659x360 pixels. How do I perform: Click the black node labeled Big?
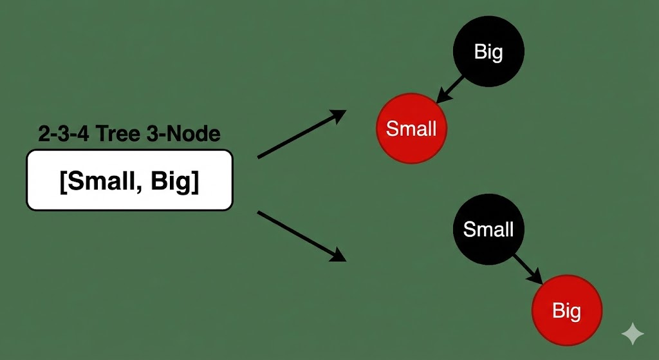coord(488,52)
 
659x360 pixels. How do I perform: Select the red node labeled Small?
coord(411,129)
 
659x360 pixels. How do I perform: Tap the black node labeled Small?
coord(488,229)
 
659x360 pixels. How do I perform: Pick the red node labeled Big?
coord(566,311)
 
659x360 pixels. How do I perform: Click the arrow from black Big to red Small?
coord(452,89)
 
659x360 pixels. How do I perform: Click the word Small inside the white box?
coord(104,182)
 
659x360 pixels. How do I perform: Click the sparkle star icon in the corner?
coord(632,334)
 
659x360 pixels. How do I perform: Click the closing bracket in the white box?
coord(195,182)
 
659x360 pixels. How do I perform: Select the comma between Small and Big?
coord(142,188)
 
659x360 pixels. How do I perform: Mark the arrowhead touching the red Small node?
coord(442,98)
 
